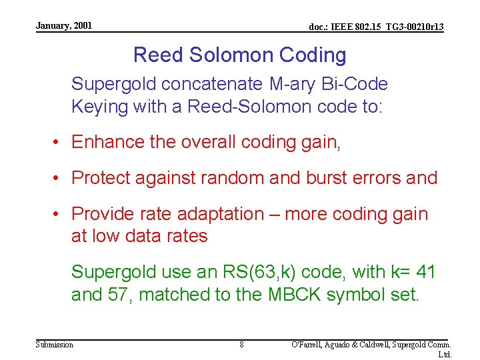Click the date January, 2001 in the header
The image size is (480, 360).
point(64,26)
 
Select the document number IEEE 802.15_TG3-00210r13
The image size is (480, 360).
point(377,27)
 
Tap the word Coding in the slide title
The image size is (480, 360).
point(313,55)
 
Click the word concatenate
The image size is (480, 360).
point(216,85)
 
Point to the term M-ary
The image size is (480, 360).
point(295,85)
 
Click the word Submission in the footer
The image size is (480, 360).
point(55,344)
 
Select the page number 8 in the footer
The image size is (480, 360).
point(241,345)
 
